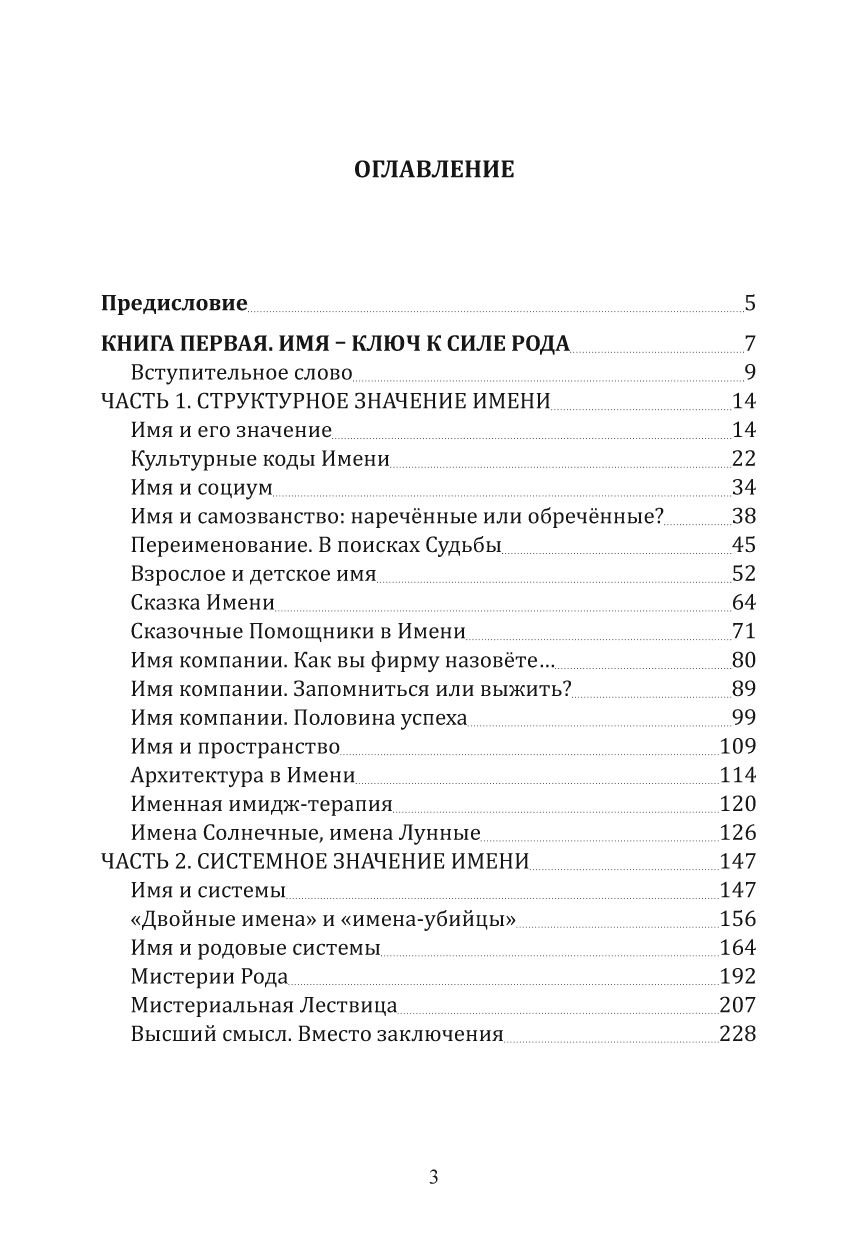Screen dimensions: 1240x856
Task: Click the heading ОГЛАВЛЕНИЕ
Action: tap(434, 170)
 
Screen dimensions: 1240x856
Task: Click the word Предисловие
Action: tap(175, 303)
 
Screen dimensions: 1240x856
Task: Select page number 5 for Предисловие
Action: tap(749, 303)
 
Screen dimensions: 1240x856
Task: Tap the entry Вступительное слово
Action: tap(242, 374)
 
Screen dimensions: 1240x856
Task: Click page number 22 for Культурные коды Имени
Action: tap(743, 460)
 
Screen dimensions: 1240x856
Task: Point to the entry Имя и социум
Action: tap(201, 489)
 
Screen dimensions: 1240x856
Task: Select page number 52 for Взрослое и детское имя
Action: tap(743, 574)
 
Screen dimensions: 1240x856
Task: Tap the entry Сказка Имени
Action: tap(202, 603)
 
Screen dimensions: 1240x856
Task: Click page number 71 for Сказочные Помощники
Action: tap(743, 632)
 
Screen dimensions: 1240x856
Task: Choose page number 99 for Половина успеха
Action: tap(743, 718)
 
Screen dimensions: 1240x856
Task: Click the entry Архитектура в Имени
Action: tap(243, 775)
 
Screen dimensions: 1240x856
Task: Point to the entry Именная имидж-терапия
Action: tap(261, 804)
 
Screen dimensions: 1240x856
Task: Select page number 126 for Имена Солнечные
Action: tap(737, 833)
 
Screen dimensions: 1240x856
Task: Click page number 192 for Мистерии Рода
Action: tap(737, 976)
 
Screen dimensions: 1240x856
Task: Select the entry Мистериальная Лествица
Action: tap(264, 1005)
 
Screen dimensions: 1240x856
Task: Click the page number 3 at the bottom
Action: tap(433, 1177)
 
